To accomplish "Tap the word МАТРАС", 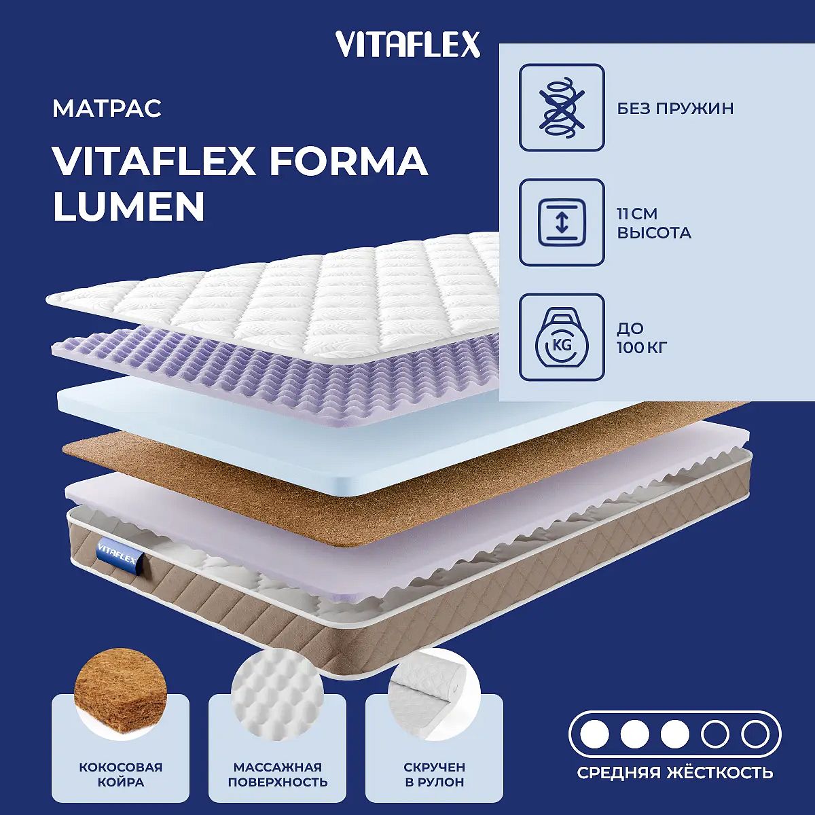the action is [x=107, y=109].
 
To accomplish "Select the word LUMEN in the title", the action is [x=129, y=206].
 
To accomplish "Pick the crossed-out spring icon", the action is [x=562, y=107].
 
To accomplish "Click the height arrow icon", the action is [x=562, y=223].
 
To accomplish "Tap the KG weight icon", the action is [x=562, y=338].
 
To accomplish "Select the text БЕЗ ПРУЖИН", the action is [x=675, y=109].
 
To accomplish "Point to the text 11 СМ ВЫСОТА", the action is [x=654, y=223].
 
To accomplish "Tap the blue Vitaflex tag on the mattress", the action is [x=117, y=554].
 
